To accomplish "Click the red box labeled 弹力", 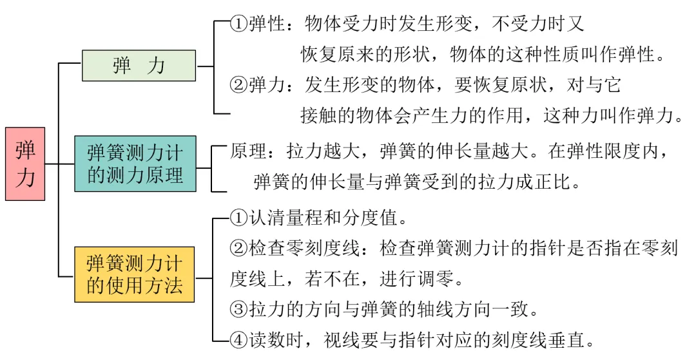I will tap(25, 164).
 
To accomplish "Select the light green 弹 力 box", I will tap(139, 66).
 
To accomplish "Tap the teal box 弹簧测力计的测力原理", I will tap(135, 164).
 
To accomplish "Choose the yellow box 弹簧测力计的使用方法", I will tap(135, 274).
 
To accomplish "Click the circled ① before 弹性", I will tap(239, 25).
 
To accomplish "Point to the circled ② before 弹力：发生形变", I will tap(239, 84).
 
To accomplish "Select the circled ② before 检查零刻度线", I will tap(239, 249).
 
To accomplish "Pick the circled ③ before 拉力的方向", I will tap(239, 310).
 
